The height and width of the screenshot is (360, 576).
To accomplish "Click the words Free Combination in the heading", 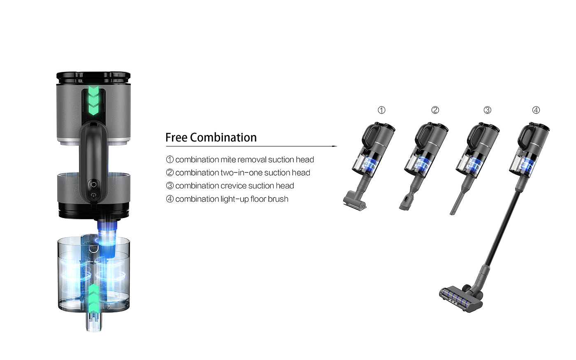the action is (211, 137).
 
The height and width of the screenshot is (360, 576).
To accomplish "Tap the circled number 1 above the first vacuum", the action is (381, 110).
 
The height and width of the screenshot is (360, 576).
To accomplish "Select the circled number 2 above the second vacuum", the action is (435, 110).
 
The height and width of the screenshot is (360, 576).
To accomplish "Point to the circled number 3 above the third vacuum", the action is (487, 110).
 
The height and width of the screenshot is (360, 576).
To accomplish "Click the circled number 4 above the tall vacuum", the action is (536, 110).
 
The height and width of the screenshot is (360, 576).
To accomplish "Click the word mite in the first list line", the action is (227, 160).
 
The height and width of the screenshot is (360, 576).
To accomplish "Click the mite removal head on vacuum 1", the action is (354, 201).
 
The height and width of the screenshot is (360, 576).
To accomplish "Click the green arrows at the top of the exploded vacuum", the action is (94, 100).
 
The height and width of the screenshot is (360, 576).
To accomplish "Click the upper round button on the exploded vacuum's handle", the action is (93, 185).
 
